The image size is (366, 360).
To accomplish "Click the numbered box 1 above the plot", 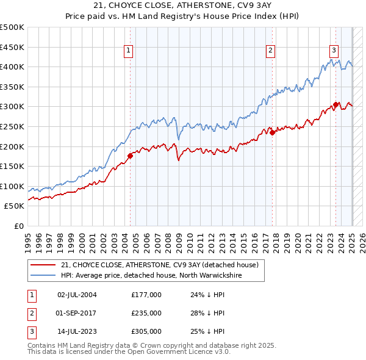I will [x=129, y=51].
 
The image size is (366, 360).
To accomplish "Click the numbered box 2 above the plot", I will [x=270, y=51].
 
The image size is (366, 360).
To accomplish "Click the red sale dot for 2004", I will [x=130, y=156].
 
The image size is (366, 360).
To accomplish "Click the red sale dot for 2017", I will [x=273, y=133].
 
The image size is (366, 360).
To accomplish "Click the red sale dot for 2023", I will [x=336, y=105].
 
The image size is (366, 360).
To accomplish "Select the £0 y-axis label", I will [x=18, y=226].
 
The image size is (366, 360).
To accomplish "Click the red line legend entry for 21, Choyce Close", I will [x=160, y=265].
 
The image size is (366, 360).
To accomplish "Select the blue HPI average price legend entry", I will [x=151, y=276].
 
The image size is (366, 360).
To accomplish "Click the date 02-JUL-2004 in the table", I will [x=77, y=295].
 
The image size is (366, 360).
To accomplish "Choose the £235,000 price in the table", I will [x=146, y=313].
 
